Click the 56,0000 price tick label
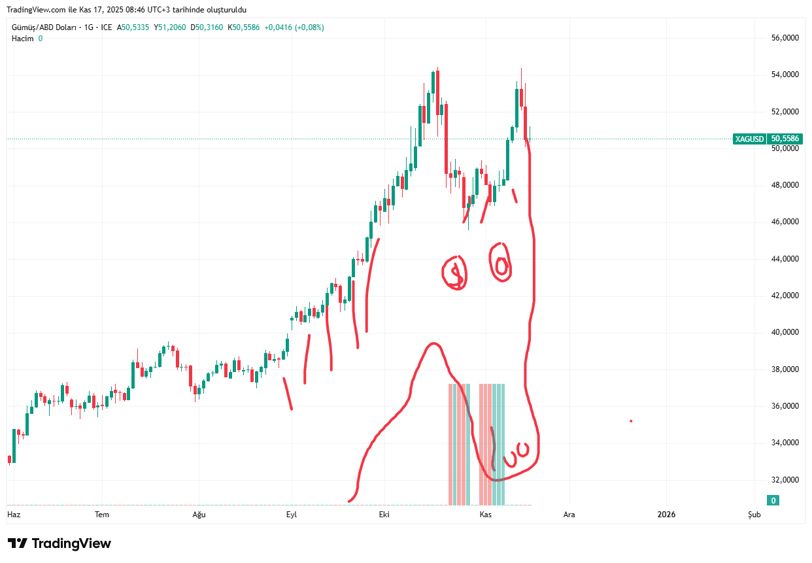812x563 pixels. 785,38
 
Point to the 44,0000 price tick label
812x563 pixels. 785,259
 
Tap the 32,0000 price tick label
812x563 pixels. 785,479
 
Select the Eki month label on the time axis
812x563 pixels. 384,515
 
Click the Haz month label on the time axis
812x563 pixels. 14,515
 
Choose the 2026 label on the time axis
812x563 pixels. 666,515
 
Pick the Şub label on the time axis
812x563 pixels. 754,515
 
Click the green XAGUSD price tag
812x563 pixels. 749,139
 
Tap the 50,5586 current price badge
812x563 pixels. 786,139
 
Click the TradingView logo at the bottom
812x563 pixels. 59,543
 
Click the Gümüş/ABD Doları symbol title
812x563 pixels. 43,27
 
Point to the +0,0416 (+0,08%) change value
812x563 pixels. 294,27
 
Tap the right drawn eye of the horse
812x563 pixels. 501,264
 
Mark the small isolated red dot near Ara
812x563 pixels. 631,421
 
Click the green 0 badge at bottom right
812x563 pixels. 773,501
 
